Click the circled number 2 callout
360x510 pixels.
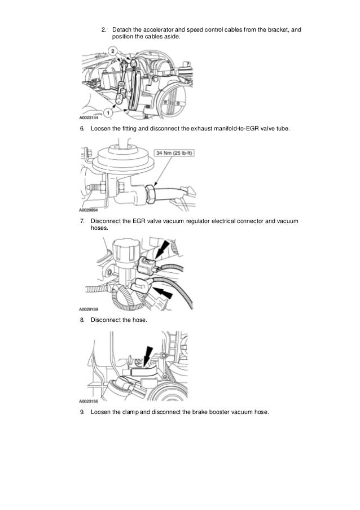tap(114, 51)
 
